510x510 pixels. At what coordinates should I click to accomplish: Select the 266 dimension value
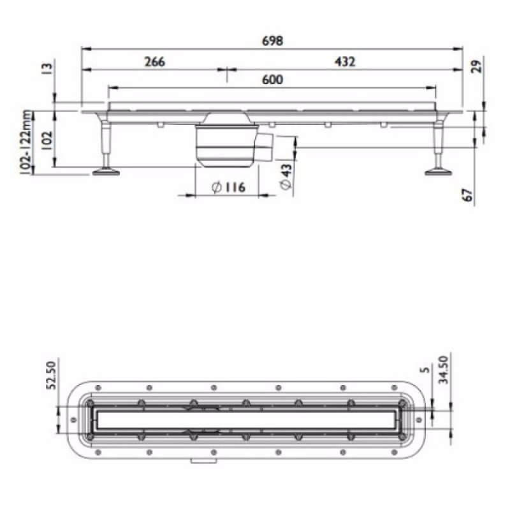[x=155, y=62]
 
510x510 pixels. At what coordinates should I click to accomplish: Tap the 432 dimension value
[x=344, y=62]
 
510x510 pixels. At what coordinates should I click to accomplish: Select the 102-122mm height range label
[x=26, y=142]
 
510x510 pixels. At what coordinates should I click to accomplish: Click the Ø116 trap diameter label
[x=227, y=187]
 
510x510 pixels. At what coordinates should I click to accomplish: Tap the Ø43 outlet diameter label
[x=286, y=175]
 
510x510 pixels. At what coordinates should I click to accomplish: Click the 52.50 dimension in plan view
[x=53, y=373]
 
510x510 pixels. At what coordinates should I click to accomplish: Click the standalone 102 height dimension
[x=45, y=139]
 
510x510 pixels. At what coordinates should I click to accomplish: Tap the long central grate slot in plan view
[x=245, y=419]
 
